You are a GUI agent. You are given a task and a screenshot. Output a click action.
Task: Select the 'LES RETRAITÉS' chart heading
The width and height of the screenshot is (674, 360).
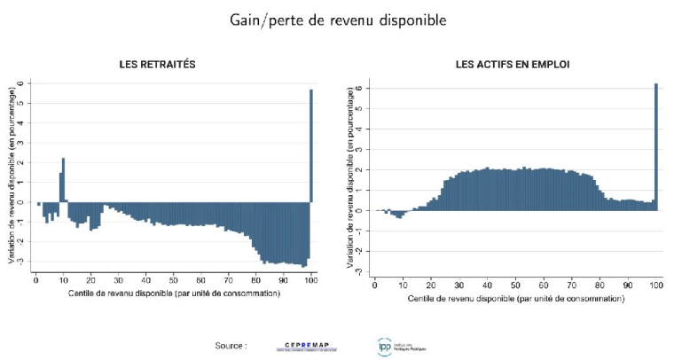[158, 64]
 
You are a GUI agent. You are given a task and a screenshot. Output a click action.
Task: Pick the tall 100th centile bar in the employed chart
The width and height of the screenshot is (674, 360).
[656, 146]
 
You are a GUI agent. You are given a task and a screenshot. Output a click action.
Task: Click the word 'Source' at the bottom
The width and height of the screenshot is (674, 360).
[229, 345]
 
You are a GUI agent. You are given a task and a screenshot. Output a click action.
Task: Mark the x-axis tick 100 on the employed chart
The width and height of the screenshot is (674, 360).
[655, 286]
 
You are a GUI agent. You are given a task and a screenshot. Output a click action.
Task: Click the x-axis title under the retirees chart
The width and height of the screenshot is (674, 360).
[174, 293]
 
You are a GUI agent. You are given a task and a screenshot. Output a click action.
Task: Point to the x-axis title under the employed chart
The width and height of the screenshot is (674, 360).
[516, 300]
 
